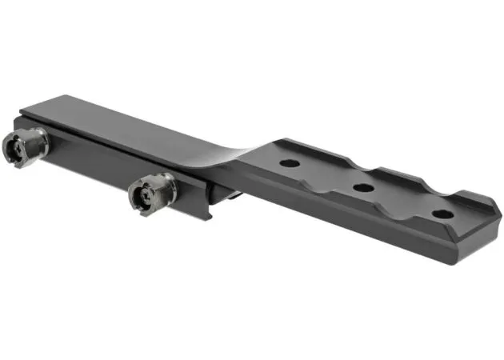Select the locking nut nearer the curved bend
pyautogui.click(x=150, y=193)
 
